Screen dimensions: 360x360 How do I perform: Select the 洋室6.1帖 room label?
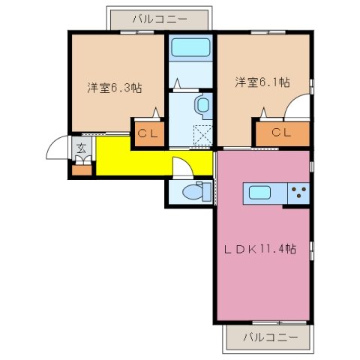262,82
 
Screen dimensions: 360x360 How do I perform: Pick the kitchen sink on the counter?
265,193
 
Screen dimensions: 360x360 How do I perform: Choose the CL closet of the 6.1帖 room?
280,133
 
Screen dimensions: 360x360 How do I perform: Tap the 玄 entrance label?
80,147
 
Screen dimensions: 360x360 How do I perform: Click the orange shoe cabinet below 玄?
80,168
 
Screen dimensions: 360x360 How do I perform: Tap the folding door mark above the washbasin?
177,83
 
